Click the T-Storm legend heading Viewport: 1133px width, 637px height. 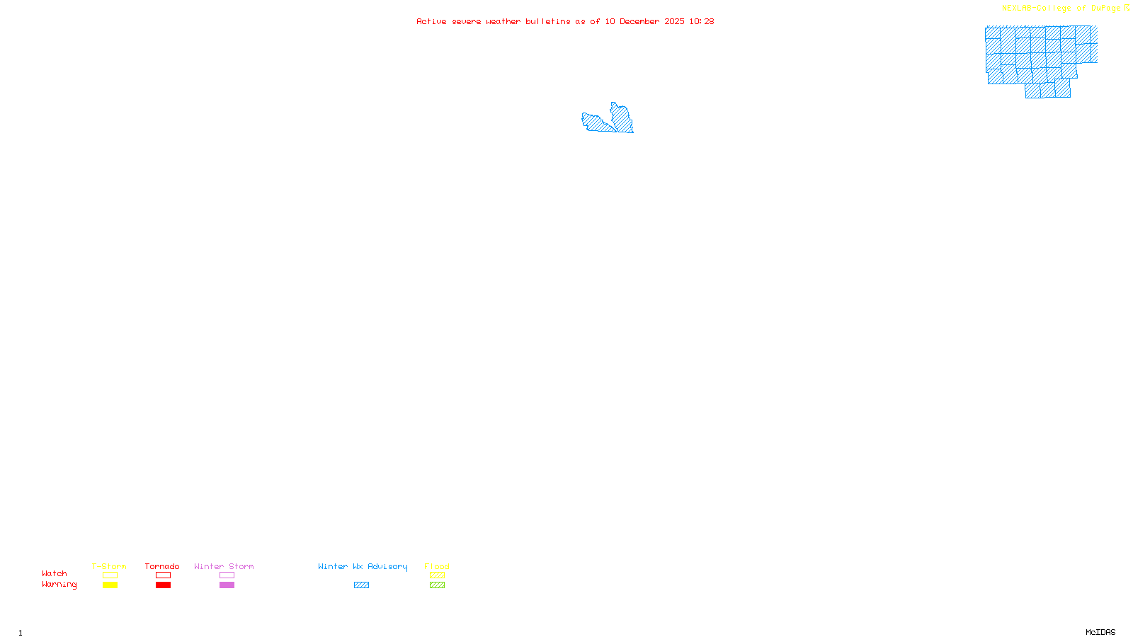[x=109, y=566]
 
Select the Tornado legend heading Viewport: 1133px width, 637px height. [x=162, y=566]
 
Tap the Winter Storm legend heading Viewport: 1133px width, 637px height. [x=224, y=566]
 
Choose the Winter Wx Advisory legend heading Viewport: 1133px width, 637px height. [x=363, y=566]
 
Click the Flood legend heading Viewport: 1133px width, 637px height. [x=437, y=566]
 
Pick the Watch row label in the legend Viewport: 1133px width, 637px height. [x=55, y=573]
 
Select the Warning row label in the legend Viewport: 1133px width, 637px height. [x=59, y=585]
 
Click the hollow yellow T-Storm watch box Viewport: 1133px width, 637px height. [x=110, y=575]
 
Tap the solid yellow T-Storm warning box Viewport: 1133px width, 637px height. [x=110, y=585]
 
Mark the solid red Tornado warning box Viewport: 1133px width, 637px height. [x=164, y=585]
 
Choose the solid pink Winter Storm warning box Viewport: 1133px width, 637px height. [x=227, y=585]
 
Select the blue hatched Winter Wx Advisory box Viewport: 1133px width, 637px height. [x=361, y=585]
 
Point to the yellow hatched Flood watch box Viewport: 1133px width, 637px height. [x=437, y=575]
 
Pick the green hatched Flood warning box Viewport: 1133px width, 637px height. [x=437, y=585]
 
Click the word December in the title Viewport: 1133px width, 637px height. [x=639, y=21]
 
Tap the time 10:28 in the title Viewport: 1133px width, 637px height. [x=702, y=21]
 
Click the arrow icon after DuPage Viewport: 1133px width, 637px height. [x=1127, y=8]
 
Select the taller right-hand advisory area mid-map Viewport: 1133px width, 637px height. [x=622, y=118]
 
